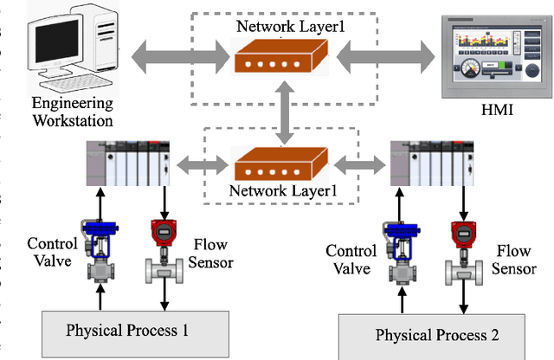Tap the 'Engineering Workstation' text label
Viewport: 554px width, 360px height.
click(x=72, y=112)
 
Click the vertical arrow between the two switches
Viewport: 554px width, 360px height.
click(x=283, y=112)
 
